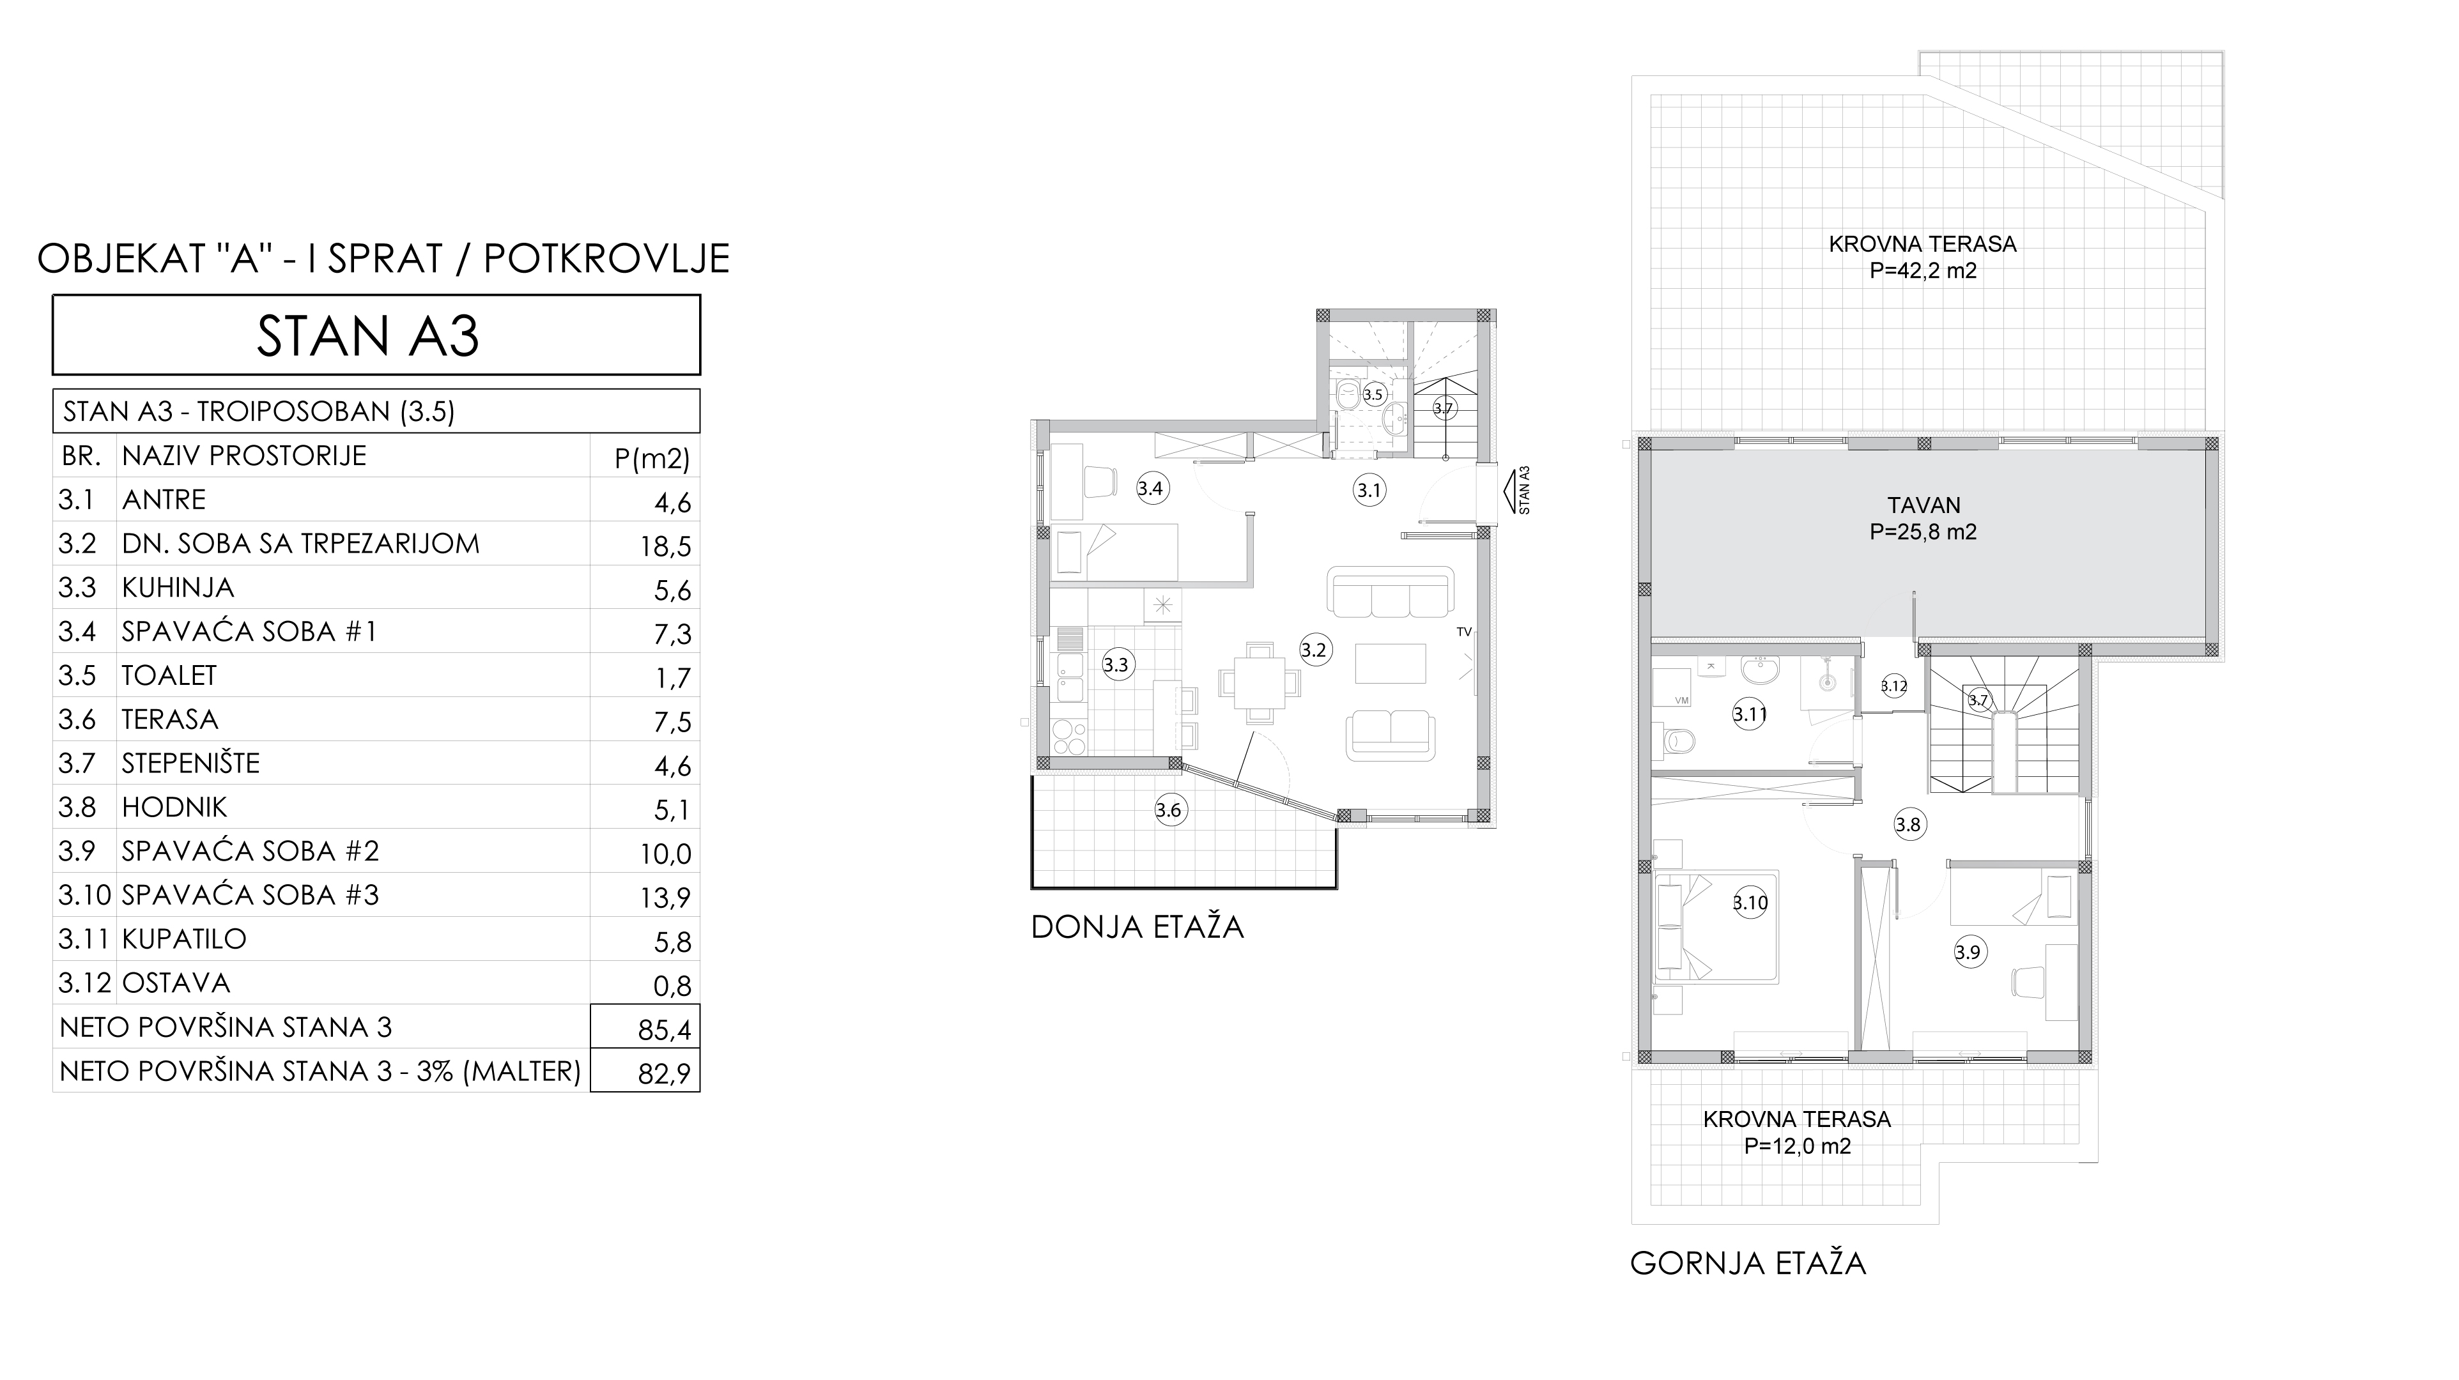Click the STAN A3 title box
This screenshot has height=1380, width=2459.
(x=376, y=334)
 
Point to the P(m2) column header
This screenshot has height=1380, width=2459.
(x=652, y=459)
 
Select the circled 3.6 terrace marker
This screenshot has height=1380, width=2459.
(x=1168, y=810)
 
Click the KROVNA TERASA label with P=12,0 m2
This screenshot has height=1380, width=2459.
(x=1798, y=1119)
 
